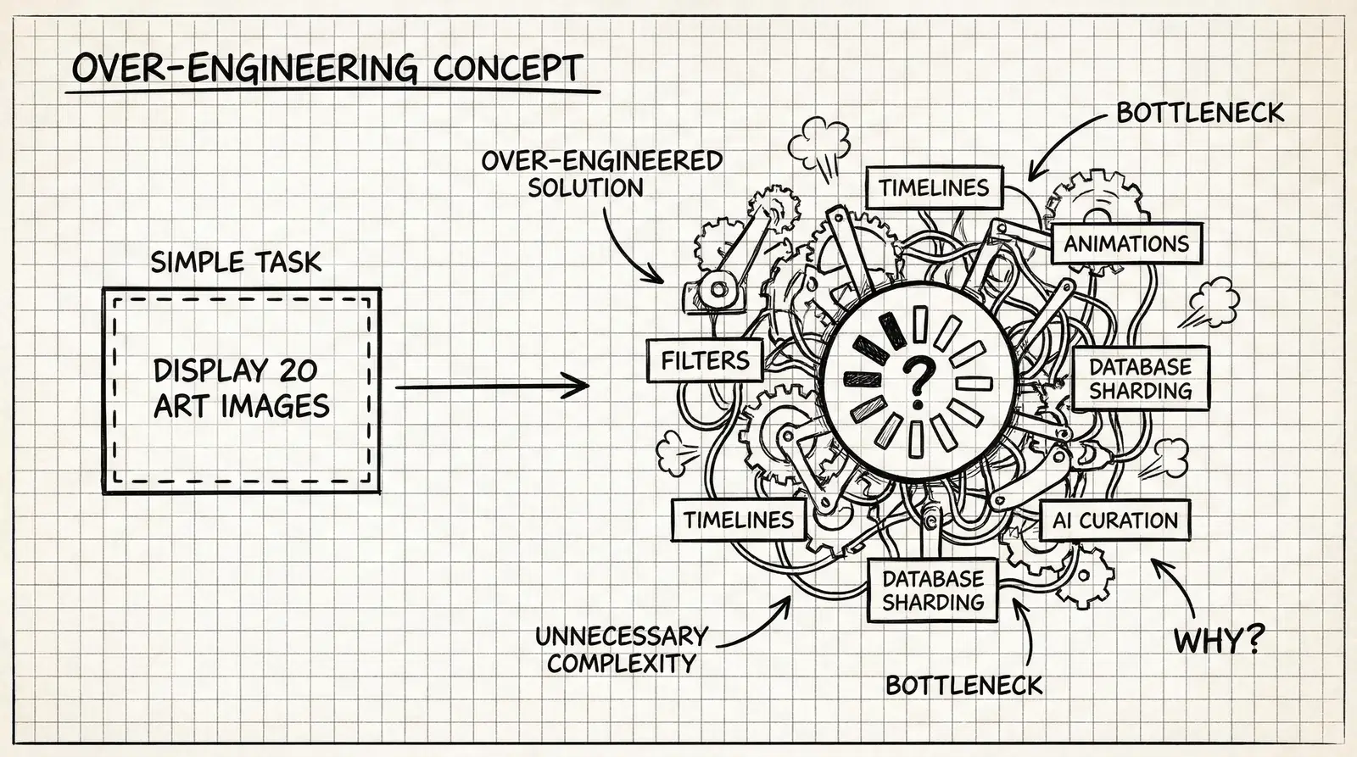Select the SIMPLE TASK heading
236,262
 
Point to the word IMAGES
276,406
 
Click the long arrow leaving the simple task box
492,387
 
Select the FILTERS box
705,361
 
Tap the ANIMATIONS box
1126,244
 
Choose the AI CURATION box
1114,520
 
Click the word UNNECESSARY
622,636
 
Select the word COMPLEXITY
622,663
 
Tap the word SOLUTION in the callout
585,187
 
